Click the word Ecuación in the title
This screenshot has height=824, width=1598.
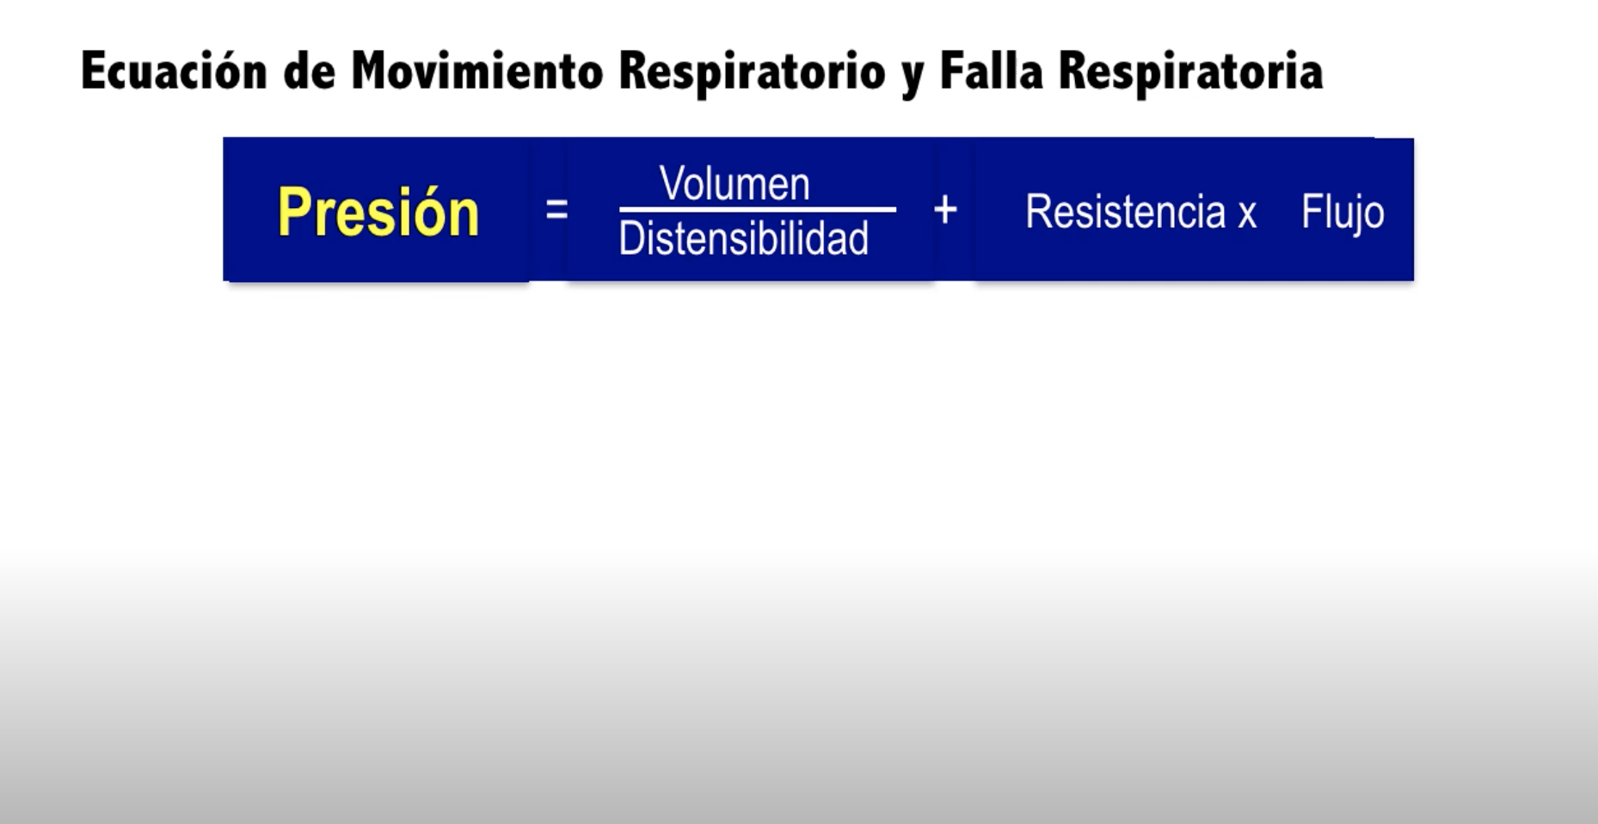click(x=174, y=71)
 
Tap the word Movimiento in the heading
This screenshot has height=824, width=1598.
click(x=477, y=70)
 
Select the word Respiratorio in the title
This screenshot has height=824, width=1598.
click(x=752, y=72)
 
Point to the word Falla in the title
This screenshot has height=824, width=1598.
click(x=991, y=70)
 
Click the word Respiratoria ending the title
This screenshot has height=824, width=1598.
click(x=1190, y=72)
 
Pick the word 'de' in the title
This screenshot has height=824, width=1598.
click(x=309, y=71)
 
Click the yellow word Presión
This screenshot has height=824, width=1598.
click(x=378, y=212)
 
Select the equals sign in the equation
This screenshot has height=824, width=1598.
click(x=556, y=209)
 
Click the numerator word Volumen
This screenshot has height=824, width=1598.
click(x=734, y=183)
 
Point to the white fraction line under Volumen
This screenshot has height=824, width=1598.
click(x=758, y=209)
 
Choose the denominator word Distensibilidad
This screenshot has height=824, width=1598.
click(x=744, y=238)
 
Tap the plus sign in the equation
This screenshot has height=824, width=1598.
click(x=945, y=209)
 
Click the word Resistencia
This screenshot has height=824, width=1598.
click(x=1125, y=212)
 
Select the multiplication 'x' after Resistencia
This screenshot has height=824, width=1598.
click(x=1247, y=216)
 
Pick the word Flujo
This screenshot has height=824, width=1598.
click(x=1343, y=213)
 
